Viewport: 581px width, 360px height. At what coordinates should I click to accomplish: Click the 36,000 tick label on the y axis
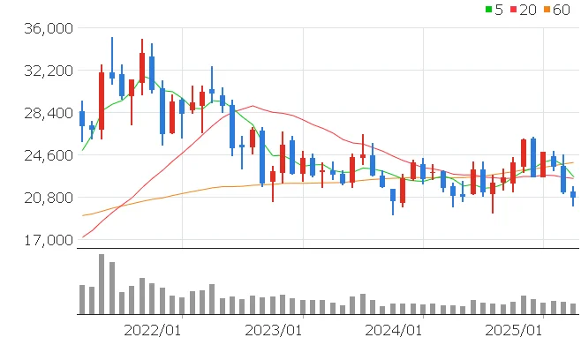[x=49, y=28]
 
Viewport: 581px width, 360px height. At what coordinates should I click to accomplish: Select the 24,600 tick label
[x=49, y=155]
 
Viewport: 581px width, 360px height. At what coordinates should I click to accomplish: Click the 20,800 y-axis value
[x=49, y=198]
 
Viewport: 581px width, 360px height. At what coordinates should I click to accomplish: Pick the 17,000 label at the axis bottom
[x=49, y=240]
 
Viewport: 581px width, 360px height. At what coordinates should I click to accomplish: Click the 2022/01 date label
[x=152, y=330]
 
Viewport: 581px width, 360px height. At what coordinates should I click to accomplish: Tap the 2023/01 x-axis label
[x=273, y=330]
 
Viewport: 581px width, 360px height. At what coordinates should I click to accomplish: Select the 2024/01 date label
[x=394, y=330]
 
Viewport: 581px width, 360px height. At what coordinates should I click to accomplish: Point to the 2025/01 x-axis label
[x=515, y=330]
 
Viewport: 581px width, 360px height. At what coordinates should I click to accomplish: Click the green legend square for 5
[x=489, y=10]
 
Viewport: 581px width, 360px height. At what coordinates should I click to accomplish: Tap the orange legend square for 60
[x=547, y=10]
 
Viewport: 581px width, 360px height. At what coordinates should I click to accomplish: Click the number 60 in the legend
[x=562, y=10]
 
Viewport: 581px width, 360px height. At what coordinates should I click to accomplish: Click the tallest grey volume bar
[x=102, y=284]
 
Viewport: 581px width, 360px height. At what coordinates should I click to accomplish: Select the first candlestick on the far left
[x=82, y=118]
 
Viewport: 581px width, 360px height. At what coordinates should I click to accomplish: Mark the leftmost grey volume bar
[x=82, y=299]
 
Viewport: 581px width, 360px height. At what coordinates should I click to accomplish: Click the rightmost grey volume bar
[x=573, y=309]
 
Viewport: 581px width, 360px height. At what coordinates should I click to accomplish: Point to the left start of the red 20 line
[x=83, y=236]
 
